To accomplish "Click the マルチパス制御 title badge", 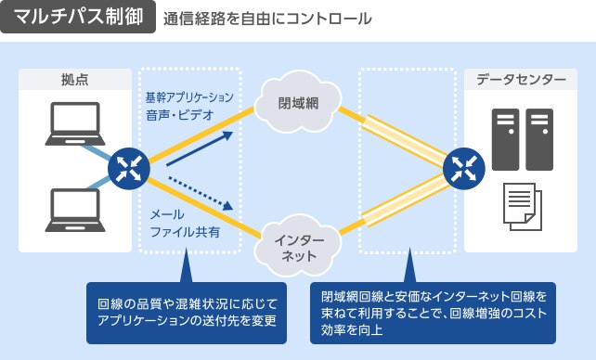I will coord(79,19).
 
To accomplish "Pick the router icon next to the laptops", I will coord(128,167).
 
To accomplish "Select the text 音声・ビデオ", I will coord(179,115).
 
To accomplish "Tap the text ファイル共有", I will coord(185,232).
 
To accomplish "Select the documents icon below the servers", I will coord(522,206).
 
